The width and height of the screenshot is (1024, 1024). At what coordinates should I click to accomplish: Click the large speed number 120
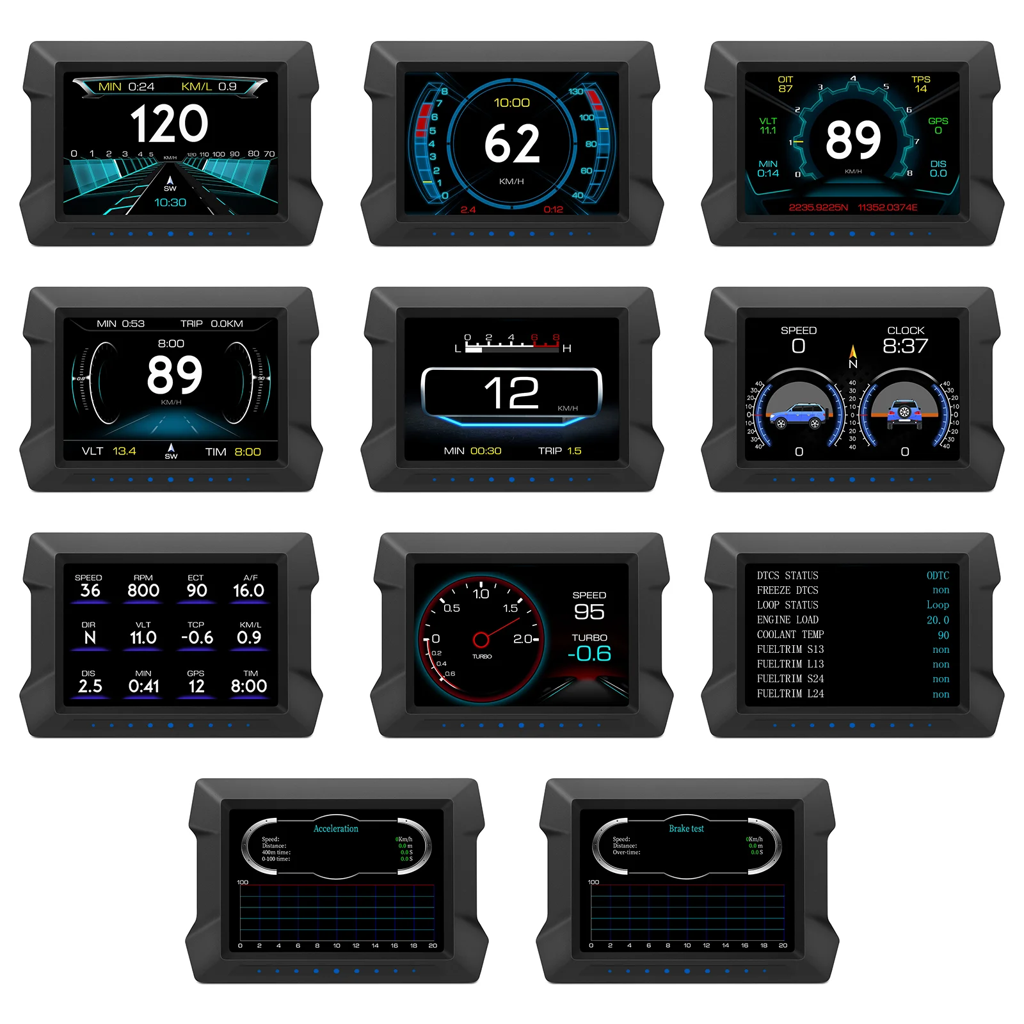(170, 124)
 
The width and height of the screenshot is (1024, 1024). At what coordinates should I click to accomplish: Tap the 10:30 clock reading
(170, 203)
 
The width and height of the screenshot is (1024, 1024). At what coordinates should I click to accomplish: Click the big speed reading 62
(512, 143)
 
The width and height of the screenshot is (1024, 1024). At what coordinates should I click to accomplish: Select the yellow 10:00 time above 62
(512, 103)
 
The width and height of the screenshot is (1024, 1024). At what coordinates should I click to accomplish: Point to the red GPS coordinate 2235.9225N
(818, 207)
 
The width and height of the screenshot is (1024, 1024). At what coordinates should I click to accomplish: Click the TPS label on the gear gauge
(920, 79)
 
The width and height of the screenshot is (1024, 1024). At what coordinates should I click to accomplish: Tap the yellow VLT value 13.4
(124, 451)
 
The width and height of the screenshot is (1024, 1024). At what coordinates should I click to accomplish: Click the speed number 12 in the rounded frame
(511, 392)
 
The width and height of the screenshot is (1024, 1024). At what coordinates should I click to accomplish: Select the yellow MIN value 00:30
(486, 451)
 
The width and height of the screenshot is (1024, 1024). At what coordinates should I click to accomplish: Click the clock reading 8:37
(905, 346)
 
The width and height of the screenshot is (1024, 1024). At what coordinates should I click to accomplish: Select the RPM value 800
(143, 591)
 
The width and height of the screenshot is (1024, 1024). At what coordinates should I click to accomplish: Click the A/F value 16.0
(248, 591)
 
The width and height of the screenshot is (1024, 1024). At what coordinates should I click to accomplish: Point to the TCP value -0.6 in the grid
(197, 638)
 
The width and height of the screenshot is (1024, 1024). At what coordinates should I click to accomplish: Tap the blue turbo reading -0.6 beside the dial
(589, 653)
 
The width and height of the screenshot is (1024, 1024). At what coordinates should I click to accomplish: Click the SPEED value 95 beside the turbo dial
(589, 612)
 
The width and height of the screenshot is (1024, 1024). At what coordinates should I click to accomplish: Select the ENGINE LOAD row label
(787, 620)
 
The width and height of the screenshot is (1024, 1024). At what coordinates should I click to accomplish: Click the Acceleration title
(336, 829)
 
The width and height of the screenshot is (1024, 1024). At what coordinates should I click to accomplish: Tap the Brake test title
(686, 829)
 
